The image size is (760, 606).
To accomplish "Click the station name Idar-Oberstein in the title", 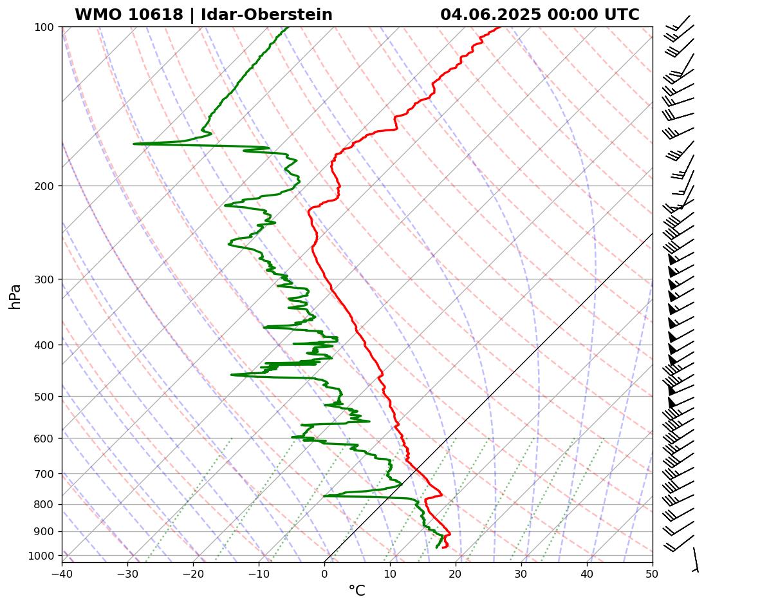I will point(266,15).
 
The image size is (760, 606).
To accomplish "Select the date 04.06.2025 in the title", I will point(490,15).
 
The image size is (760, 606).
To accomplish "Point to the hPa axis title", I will point(15,296).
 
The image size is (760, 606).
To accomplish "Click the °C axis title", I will point(357,591).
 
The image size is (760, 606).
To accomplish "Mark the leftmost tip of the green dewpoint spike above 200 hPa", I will point(134,144).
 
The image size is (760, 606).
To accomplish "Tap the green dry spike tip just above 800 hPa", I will point(324,496).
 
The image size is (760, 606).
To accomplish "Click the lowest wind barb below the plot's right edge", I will point(696,560).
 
